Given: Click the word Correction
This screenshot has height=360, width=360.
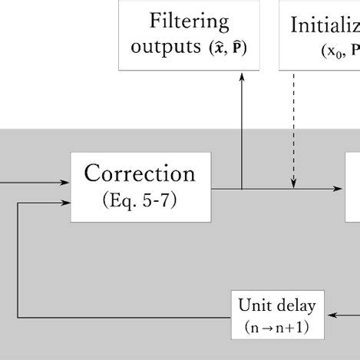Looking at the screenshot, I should click(x=140, y=173).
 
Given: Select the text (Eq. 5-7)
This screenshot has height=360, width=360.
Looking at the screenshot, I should click(x=140, y=200).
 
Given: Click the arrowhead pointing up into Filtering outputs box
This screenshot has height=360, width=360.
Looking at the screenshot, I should click(x=242, y=75).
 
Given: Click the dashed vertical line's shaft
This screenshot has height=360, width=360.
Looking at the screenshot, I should click(x=293, y=123).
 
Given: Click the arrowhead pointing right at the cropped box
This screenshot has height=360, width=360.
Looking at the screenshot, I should click(x=340, y=188).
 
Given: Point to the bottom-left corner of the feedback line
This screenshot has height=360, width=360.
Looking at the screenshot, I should click(x=17, y=316).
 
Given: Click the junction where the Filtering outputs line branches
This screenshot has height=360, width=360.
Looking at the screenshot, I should click(x=242, y=188).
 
